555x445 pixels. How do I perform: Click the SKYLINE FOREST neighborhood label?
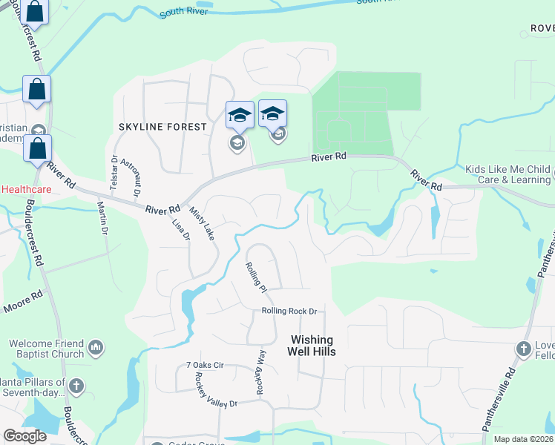(162, 127)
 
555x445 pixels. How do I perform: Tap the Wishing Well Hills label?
(312, 345)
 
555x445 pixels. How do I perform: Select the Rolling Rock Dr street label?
(289, 311)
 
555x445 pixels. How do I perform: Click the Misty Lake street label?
(201, 223)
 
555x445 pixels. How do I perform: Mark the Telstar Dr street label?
(114, 173)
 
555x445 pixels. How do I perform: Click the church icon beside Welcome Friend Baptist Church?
(95, 346)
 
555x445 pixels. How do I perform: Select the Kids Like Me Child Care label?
(508, 174)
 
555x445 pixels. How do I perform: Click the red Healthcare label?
(25, 189)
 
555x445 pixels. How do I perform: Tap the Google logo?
(24, 436)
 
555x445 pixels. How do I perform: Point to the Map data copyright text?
(522, 439)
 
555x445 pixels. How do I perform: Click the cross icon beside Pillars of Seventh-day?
(76, 386)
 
